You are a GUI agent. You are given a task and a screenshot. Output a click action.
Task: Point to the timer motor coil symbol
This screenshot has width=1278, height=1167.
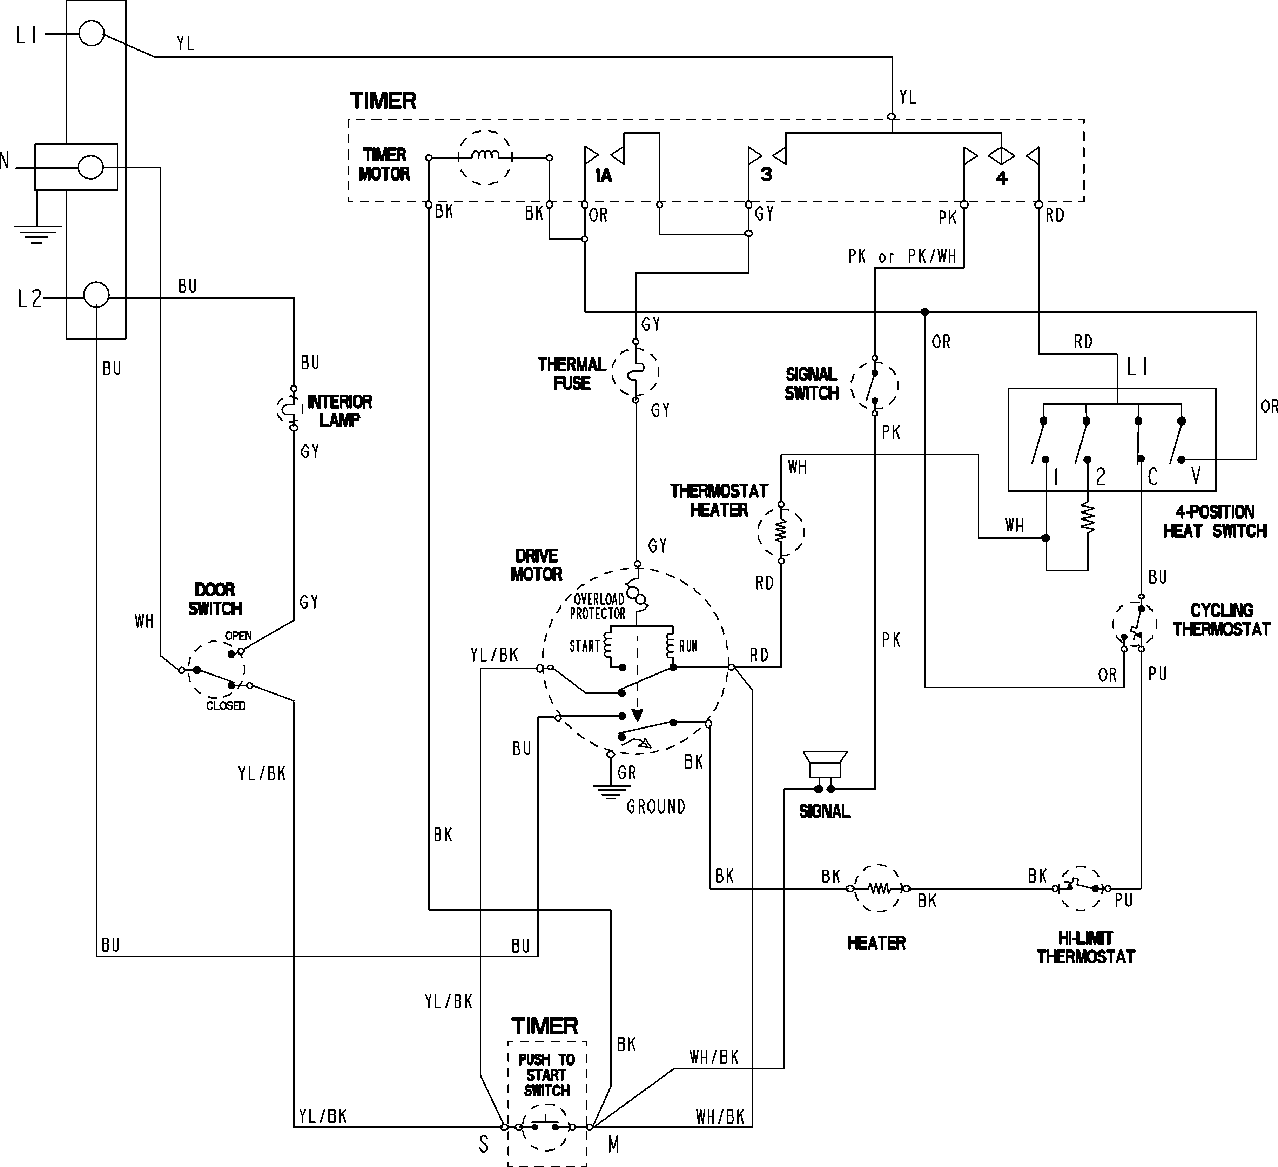pos(485,157)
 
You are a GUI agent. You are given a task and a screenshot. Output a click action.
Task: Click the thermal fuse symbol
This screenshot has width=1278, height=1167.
pos(635,372)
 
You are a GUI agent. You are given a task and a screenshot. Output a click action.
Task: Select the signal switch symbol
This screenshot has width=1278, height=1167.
pos(874,385)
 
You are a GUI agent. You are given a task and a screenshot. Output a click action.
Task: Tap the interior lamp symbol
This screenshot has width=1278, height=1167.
pos(291,409)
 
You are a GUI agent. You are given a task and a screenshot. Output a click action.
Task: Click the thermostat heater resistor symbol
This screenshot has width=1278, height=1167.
pos(781,531)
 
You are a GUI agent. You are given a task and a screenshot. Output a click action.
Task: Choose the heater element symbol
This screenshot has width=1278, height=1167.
pos(879,888)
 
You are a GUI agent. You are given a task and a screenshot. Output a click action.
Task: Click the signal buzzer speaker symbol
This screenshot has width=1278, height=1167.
pos(824,765)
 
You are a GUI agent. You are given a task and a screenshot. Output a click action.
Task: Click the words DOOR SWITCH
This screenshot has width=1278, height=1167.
pos(215,599)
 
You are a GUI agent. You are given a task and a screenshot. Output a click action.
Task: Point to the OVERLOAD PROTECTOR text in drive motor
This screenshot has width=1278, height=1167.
pos(598,606)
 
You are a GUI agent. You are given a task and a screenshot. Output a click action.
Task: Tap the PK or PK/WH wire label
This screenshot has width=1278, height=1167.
pos(902,257)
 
